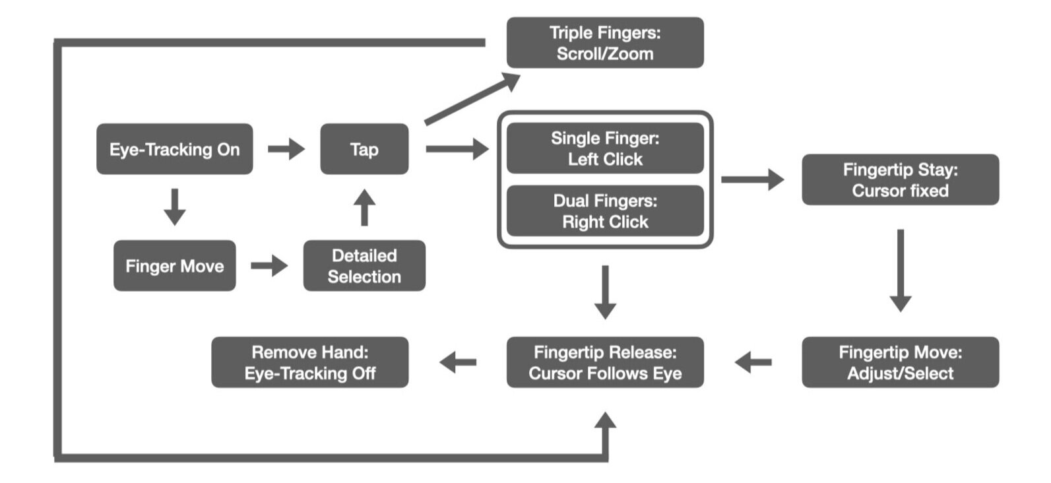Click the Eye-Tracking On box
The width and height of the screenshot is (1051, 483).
point(174,149)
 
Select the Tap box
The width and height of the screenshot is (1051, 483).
point(364,149)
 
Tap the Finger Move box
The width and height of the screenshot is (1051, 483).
point(174,266)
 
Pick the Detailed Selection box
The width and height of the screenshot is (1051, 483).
point(364,266)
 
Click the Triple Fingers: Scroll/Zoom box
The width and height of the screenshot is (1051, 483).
point(605,43)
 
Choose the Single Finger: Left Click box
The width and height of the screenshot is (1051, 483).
point(605,148)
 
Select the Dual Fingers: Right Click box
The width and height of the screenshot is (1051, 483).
point(605,211)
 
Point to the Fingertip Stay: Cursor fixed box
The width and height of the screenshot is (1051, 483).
point(900,180)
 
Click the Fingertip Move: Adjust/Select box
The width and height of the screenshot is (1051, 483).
point(900,362)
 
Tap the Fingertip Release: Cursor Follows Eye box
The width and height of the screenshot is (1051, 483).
point(605,362)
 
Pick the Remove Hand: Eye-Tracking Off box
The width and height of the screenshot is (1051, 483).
point(309,362)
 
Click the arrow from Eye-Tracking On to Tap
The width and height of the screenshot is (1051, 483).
point(286,149)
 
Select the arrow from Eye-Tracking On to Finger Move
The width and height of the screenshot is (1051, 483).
point(174,207)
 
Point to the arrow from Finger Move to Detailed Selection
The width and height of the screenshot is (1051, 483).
point(269,266)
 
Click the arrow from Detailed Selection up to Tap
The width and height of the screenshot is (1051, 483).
point(364,208)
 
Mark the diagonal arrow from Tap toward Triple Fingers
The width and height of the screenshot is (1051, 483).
point(472,99)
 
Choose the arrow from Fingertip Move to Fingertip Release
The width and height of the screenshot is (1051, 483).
point(753,362)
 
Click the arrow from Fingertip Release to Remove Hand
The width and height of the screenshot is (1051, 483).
point(458,362)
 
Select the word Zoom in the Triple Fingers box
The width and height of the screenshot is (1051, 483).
point(631,54)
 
